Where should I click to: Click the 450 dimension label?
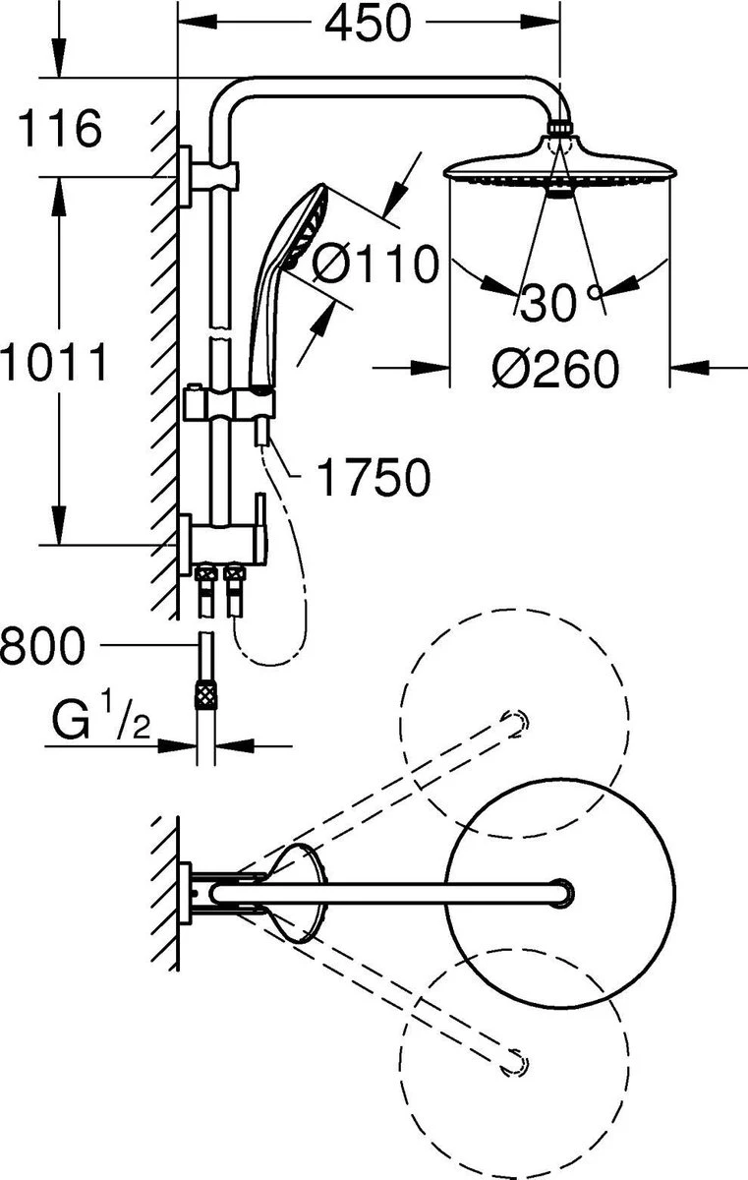coord(368,24)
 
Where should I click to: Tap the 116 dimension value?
coord(60,129)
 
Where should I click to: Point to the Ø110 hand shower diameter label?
coord(374,263)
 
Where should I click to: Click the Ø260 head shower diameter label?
coord(556,369)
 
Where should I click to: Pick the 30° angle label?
coord(560,302)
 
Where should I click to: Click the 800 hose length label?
coord(42,645)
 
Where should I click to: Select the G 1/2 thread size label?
coord(101,718)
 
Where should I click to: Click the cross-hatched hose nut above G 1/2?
coord(205,694)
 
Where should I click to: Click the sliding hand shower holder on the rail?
coord(229,403)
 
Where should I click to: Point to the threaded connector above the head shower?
coord(560,128)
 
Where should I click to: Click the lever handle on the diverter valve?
coord(260,527)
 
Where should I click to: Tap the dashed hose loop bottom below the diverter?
coord(269,663)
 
